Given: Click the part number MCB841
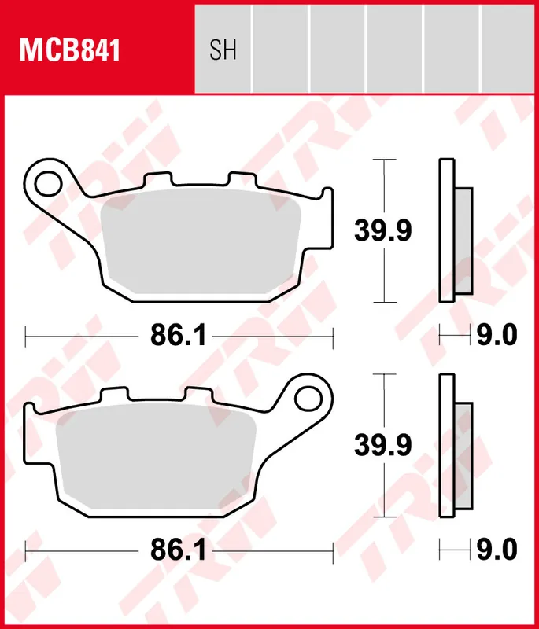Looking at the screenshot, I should (x=69, y=51).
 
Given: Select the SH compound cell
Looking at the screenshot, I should (x=223, y=50).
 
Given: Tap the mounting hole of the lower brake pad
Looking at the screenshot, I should (x=308, y=397).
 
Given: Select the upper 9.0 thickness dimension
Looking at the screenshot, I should (x=497, y=336).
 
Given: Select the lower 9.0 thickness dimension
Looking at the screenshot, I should (x=497, y=550).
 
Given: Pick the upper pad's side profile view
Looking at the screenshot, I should (x=455, y=230).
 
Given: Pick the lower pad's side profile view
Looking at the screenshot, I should (x=455, y=445).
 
